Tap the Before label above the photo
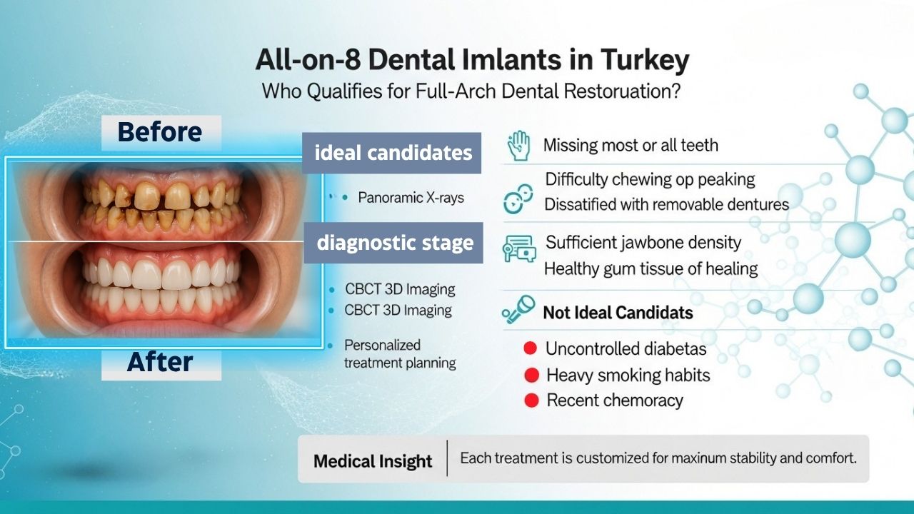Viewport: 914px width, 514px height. coord(160,132)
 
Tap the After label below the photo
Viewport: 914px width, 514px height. coord(160,362)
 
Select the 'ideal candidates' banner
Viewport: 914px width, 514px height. coord(393,153)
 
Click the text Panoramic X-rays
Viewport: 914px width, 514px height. coord(411,197)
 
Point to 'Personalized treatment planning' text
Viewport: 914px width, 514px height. coord(399,354)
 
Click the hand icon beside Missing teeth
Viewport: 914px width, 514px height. coord(518,146)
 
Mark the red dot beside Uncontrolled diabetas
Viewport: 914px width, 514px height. coord(530,348)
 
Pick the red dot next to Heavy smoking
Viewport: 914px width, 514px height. coord(531,375)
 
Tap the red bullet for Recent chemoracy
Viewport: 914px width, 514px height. coord(531,400)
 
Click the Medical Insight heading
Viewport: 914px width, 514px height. coord(373,461)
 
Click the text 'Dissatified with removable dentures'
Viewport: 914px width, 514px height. coord(666,205)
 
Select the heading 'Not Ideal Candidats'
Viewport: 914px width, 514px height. coord(618,313)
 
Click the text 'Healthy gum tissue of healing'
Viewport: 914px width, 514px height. coord(651,269)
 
